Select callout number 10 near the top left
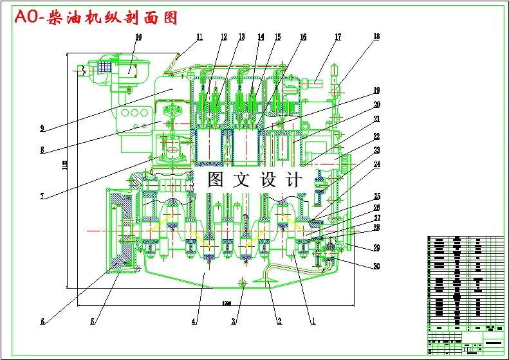(x=138, y=37)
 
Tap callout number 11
(x=199, y=37)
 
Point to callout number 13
(x=241, y=37)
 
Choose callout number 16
(x=303, y=37)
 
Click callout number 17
(x=337, y=37)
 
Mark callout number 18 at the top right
(x=376, y=37)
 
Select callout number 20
(x=376, y=105)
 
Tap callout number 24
(x=376, y=165)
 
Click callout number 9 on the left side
(x=42, y=129)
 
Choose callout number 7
(x=42, y=196)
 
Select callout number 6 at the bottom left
(x=42, y=322)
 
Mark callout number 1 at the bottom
(x=313, y=322)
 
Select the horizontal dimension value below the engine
(x=227, y=303)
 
